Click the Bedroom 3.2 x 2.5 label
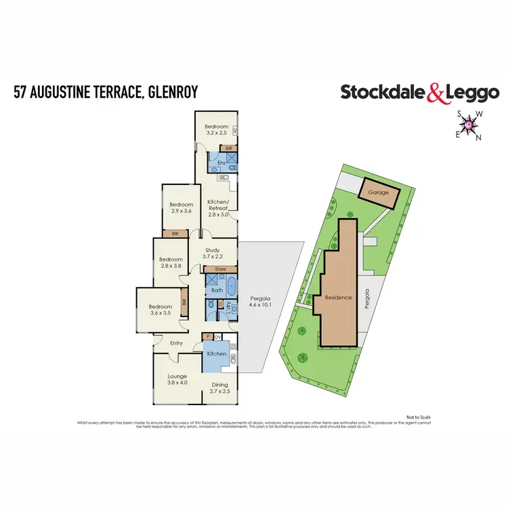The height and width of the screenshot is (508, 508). point(217,130)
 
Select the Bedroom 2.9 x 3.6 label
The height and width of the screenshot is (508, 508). point(182,208)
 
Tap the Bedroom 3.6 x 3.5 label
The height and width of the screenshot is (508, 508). point(161,310)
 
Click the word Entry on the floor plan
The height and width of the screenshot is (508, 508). point(177,343)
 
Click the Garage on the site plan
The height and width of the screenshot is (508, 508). point(379,192)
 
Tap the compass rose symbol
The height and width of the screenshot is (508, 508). point(469,125)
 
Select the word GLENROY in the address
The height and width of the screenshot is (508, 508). point(169,91)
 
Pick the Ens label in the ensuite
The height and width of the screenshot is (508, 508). point(221,163)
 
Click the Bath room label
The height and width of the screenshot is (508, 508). point(217,291)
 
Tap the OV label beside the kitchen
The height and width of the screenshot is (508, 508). point(217,337)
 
